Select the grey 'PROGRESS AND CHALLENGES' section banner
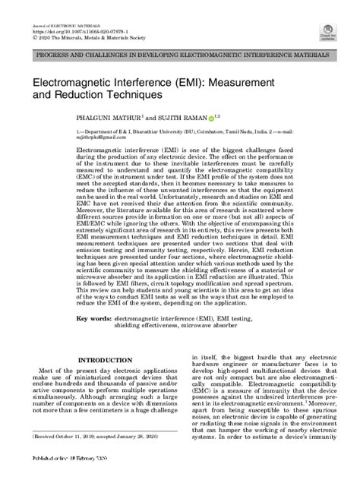pyautogui.click(x=180, y=57)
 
